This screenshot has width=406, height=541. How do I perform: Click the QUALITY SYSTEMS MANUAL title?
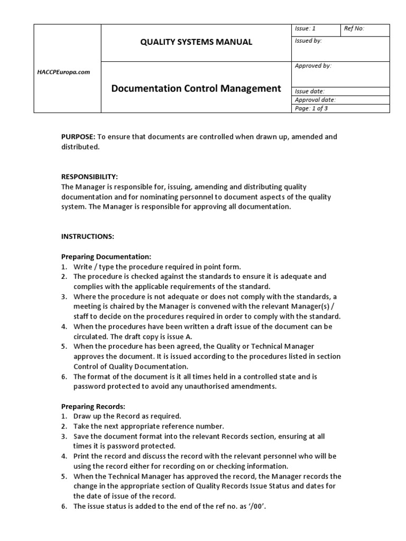[x=196, y=42]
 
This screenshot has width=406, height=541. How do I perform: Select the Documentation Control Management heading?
[x=196, y=88]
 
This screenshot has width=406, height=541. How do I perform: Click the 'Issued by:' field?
[x=308, y=41]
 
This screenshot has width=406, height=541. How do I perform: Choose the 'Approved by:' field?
[x=313, y=66]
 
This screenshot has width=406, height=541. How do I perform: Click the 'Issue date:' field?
[x=310, y=91]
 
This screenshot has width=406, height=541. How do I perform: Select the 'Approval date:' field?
[x=315, y=100]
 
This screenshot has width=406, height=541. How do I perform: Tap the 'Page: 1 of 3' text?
[x=312, y=108]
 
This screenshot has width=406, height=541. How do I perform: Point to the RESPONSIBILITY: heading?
[x=90, y=176]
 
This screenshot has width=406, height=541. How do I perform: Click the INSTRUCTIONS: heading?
[x=88, y=237]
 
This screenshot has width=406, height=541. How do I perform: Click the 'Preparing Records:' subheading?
[x=94, y=406]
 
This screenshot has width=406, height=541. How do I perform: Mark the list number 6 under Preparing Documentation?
[x=64, y=377]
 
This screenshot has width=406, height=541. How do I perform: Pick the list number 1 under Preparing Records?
[x=64, y=416]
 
